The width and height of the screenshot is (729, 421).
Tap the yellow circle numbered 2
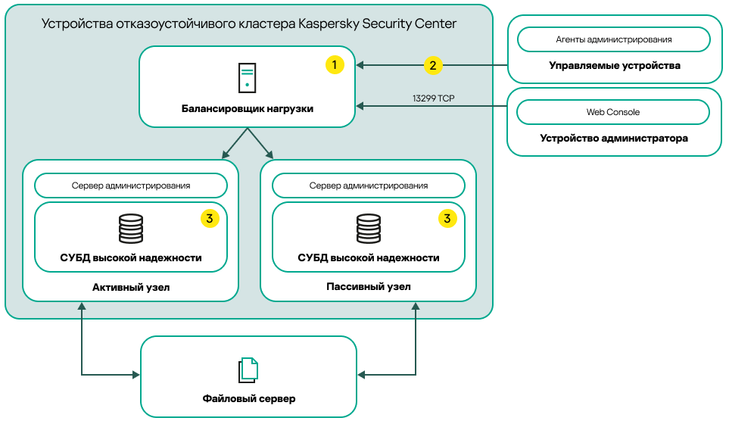(x=432, y=65)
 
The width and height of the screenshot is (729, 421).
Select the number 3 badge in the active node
(x=210, y=219)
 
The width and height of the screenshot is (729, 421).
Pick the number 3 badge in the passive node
(x=447, y=219)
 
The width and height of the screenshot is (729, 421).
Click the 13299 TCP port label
(x=433, y=98)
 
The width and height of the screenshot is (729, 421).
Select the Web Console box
(x=613, y=112)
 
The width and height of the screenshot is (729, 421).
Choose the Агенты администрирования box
(x=613, y=39)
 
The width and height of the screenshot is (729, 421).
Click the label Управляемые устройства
(x=614, y=66)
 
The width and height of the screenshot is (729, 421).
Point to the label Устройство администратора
(x=614, y=139)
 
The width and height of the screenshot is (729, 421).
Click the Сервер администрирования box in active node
(x=131, y=186)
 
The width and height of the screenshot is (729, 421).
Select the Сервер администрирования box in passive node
(x=369, y=186)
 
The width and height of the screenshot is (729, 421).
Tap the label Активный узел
(x=131, y=287)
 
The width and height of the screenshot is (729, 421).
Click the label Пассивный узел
(x=369, y=287)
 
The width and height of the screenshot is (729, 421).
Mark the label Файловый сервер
(x=248, y=398)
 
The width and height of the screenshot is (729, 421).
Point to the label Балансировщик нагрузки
(x=247, y=108)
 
